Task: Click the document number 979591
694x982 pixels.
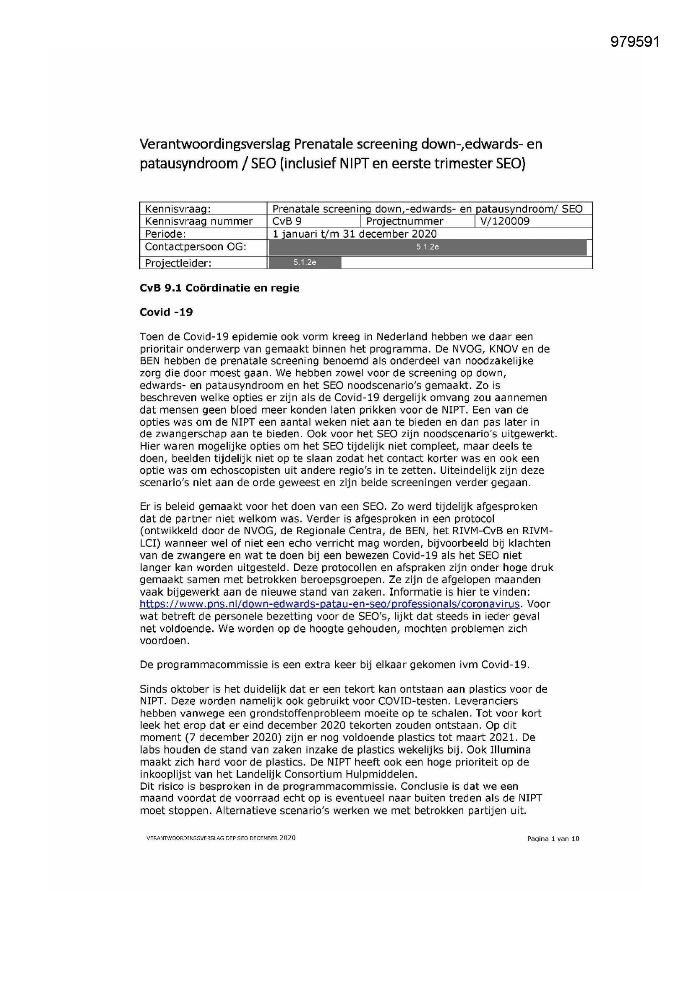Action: tap(634, 42)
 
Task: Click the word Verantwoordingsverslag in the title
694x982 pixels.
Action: tap(214, 144)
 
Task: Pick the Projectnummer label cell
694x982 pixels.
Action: tap(404, 221)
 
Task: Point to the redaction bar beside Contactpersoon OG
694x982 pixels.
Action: tap(427, 247)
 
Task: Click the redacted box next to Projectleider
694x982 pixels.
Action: tap(305, 263)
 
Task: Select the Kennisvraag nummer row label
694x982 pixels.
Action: tap(199, 221)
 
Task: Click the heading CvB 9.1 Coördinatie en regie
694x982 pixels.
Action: tap(219, 288)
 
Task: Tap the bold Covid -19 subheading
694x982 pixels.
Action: tap(166, 312)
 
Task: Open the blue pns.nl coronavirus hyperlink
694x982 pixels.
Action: tap(329, 604)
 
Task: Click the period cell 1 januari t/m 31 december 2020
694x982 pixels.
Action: tap(355, 234)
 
